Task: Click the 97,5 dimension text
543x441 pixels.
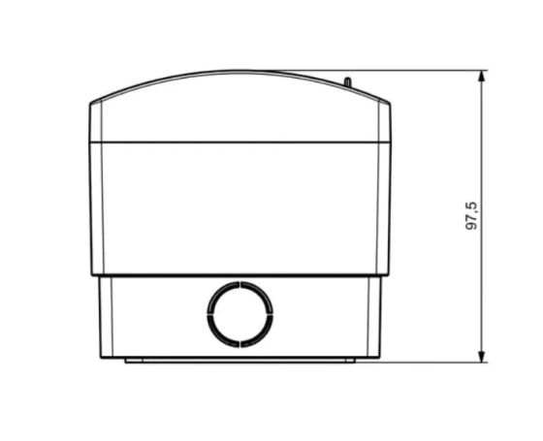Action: [x=471, y=216]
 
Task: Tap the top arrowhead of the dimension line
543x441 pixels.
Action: [x=481, y=76]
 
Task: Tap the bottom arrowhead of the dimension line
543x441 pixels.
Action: [x=481, y=357]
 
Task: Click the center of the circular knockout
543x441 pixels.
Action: [x=240, y=314]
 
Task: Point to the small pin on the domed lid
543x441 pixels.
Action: [x=348, y=82]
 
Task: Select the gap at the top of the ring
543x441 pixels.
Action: [x=240, y=285]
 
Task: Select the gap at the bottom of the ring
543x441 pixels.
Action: [x=240, y=344]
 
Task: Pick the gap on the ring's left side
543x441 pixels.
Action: [x=210, y=314]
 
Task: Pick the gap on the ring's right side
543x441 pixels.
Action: [x=270, y=314]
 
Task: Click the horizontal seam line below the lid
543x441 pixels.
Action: [x=240, y=142]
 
